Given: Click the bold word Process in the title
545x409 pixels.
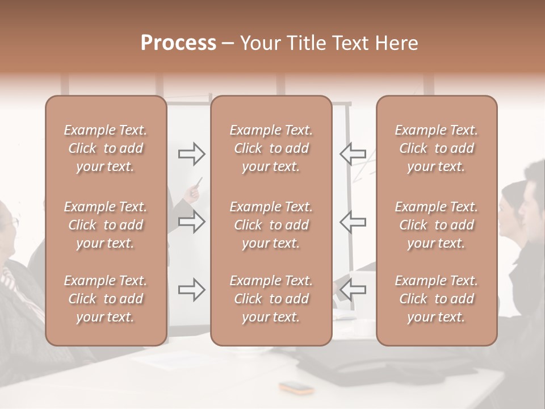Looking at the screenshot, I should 178,43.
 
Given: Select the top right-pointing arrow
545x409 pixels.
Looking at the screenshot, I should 191,153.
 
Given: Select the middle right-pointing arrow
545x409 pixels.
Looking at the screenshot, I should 191,222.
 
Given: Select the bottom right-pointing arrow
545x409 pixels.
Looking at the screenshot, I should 191,290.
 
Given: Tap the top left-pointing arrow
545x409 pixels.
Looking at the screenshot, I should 353,153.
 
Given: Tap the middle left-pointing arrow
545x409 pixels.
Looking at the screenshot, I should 353,222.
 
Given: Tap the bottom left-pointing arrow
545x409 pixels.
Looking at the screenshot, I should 353,290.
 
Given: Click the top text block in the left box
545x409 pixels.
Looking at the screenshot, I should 106,148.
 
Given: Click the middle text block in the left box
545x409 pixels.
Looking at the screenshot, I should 106,225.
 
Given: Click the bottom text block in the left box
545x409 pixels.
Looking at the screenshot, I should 106,299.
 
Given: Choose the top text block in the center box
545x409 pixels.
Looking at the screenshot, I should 271,148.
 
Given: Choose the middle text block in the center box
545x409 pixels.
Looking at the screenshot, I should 271,225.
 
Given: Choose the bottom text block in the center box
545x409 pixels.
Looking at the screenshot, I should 271,299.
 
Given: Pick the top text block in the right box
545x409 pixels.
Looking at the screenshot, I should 436,148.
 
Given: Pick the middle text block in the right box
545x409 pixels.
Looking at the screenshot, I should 436,225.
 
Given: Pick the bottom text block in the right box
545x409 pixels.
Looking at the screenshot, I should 436,299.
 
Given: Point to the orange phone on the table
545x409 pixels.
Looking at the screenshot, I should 296,388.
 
